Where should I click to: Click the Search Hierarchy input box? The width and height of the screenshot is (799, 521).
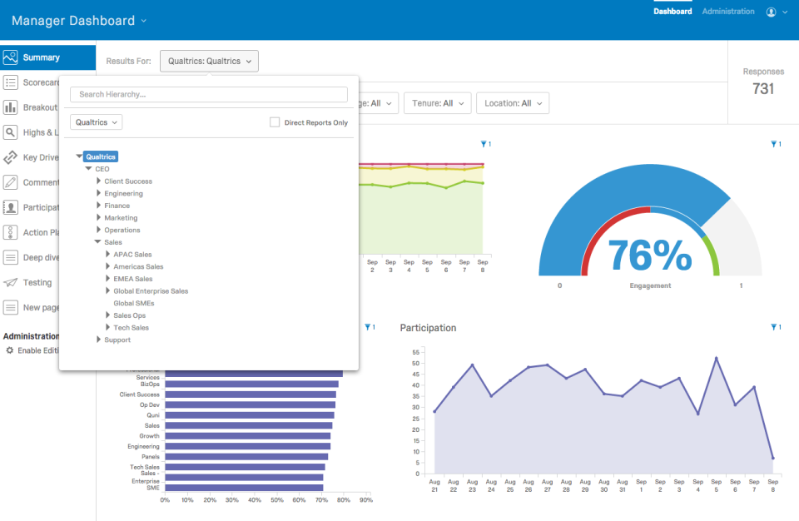tap(208, 95)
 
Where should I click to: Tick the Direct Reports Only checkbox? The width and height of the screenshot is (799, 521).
tap(275, 122)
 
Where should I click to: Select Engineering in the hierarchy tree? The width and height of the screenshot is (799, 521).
tap(123, 194)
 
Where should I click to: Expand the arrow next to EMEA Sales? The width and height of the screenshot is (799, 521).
tap(107, 279)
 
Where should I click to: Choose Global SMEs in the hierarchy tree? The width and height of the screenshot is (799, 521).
tap(133, 303)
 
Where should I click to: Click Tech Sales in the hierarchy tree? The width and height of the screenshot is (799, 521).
tap(131, 328)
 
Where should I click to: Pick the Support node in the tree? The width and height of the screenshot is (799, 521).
tap(117, 340)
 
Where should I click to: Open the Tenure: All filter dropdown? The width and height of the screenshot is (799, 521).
tap(437, 103)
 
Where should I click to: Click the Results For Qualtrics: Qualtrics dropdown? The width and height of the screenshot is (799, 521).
tap(209, 61)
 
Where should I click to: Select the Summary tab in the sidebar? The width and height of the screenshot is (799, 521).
tap(42, 57)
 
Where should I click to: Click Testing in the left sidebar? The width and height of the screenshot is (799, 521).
tap(37, 282)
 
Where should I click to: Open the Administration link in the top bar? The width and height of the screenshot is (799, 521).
tap(728, 12)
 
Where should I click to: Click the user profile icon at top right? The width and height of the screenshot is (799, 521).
tap(772, 12)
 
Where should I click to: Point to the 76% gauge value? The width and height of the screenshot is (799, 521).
tap(649, 255)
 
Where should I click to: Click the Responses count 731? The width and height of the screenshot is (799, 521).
tap(763, 88)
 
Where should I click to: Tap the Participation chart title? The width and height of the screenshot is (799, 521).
tap(428, 328)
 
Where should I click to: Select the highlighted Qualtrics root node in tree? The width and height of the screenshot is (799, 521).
tap(101, 156)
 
